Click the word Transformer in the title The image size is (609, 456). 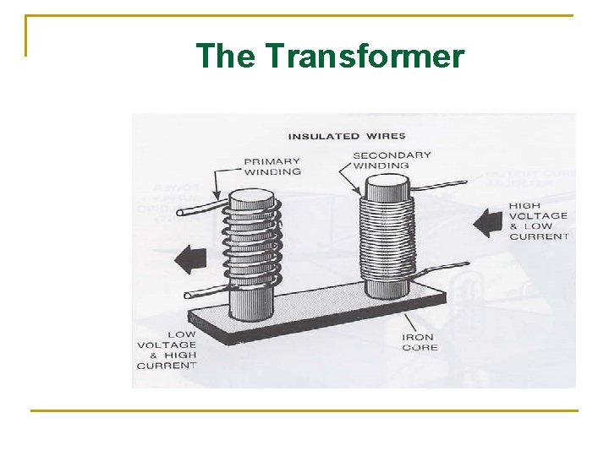coord(365,57)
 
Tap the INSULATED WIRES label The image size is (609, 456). coord(347,136)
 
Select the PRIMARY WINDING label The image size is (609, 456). coord(272,166)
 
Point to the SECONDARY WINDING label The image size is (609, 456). coord(392,160)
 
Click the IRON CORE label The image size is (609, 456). coord(420,342)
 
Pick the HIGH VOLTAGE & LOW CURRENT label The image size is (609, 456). coord(539,221)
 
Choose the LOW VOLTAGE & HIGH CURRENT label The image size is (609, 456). coord(167,350)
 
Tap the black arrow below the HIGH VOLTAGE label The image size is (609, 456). coord(489,224)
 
